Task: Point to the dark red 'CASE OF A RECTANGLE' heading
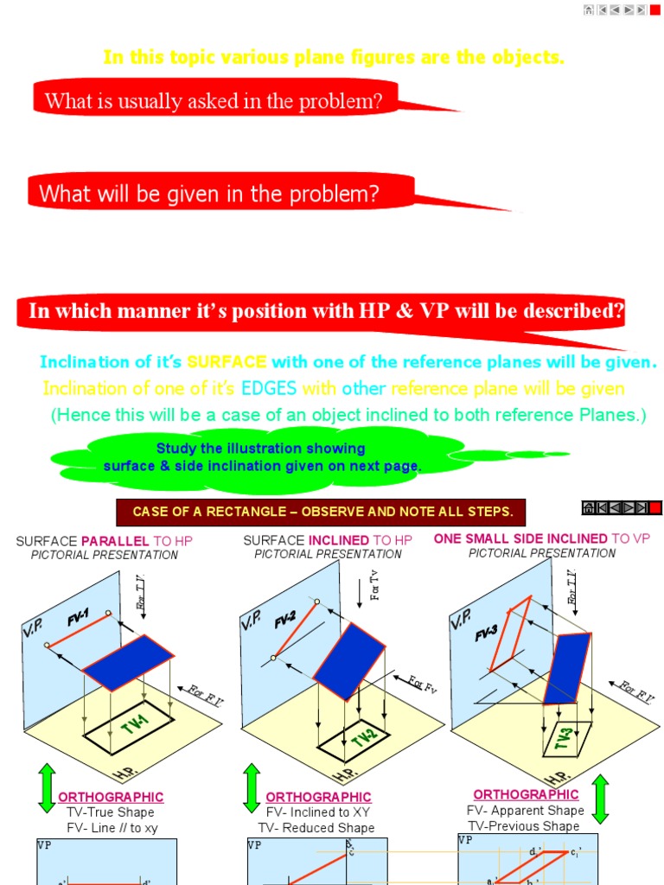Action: point(322,512)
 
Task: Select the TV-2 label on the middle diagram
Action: point(363,737)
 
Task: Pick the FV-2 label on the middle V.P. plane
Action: point(285,619)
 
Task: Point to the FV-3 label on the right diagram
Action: point(487,634)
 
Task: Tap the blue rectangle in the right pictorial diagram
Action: point(566,666)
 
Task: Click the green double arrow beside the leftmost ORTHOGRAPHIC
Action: point(47,787)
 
